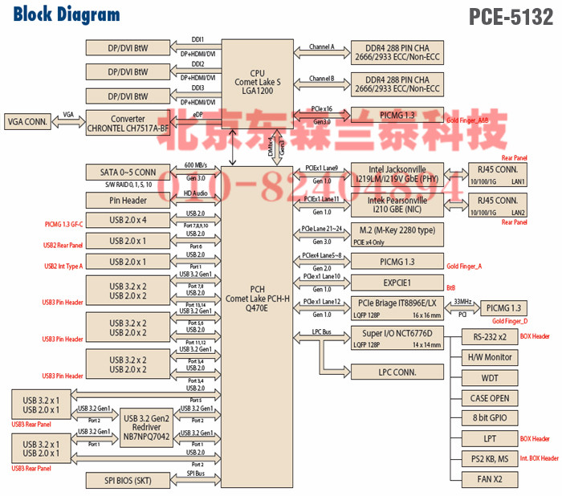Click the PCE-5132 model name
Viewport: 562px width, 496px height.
[x=511, y=15]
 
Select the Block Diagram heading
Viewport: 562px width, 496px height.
[x=67, y=14]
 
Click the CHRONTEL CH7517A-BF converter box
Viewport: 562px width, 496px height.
[x=128, y=123]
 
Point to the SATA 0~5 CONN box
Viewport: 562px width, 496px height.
[x=128, y=173]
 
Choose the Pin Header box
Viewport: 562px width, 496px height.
[x=128, y=199]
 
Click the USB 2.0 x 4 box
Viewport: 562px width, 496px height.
[x=128, y=220]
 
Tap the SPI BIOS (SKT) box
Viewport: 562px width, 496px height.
[x=128, y=480]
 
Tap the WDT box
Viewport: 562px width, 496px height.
[x=489, y=377]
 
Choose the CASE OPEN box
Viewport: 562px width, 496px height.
[x=489, y=398]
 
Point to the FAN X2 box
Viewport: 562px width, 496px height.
[x=489, y=480]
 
